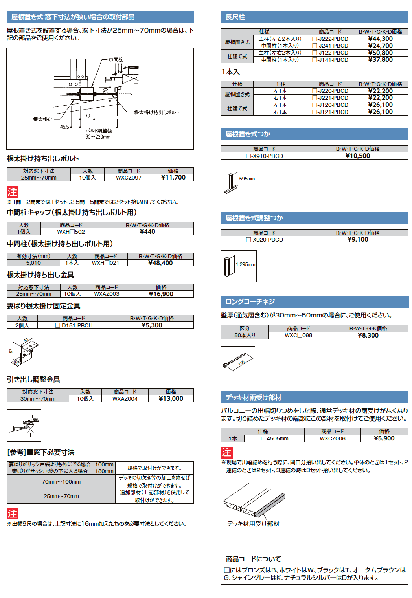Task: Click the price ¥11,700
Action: click(x=173, y=178)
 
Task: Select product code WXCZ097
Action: click(x=129, y=178)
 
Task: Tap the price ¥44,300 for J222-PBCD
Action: click(x=380, y=39)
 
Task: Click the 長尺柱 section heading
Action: click(x=235, y=17)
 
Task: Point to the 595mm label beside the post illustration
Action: click(x=247, y=179)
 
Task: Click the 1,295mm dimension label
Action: click(x=245, y=264)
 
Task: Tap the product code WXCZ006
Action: click(x=332, y=438)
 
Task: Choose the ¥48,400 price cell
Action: click(x=160, y=263)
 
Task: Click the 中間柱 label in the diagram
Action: click(x=116, y=60)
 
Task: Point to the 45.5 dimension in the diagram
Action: click(x=64, y=127)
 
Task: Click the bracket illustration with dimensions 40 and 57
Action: click(x=24, y=352)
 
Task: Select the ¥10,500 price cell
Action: click(x=358, y=156)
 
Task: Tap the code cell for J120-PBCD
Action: click(x=330, y=105)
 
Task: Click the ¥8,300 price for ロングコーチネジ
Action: click(x=368, y=336)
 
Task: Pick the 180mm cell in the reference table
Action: click(x=104, y=471)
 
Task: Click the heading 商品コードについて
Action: click(x=254, y=559)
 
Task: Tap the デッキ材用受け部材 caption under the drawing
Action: click(x=253, y=524)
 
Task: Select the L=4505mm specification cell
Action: click(x=274, y=438)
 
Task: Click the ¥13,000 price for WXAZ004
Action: click(x=171, y=399)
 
